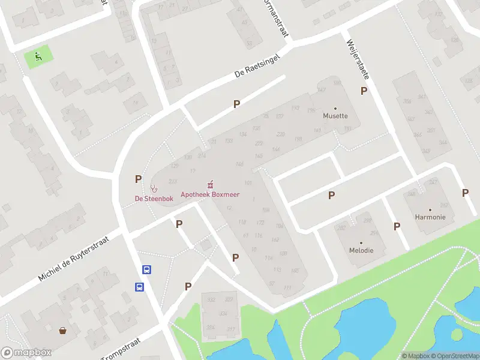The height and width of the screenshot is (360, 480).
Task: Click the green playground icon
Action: (38, 57)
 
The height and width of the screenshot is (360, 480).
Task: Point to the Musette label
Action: (335, 116)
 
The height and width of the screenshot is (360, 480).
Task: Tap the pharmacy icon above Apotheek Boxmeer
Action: (210, 184)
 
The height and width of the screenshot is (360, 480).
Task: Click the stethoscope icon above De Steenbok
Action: (154, 188)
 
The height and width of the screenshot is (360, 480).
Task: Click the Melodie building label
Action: (362, 250)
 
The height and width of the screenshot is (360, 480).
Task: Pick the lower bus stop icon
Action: (139, 287)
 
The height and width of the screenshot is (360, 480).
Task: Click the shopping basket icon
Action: (62, 330)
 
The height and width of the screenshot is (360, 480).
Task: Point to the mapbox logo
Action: (26, 353)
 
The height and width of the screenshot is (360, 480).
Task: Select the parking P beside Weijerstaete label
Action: (364, 91)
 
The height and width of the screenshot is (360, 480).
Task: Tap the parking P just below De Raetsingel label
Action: (237, 104)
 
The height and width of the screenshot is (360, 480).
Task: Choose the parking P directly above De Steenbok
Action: (139, 178)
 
